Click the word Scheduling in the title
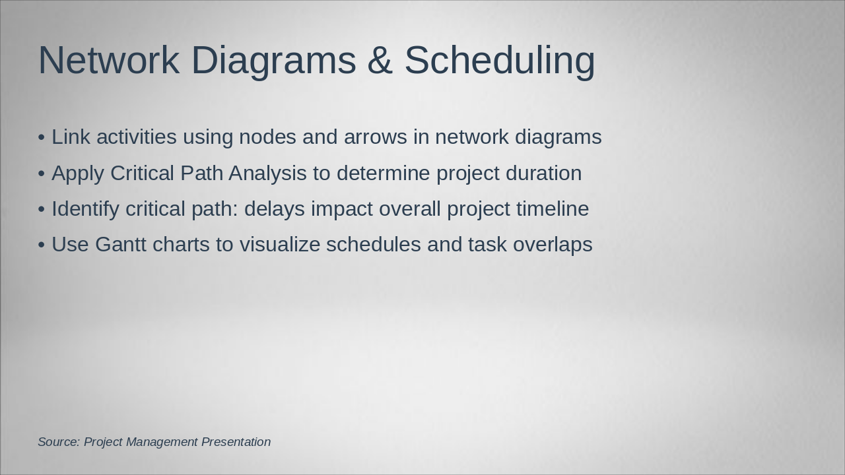click(499, 61)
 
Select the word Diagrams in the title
click(273, 61)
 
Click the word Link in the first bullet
click(69, 137)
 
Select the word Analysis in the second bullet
click(267, 174)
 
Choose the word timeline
click(553, 209)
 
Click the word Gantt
click(121, 245)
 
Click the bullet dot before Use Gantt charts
click(42, 245)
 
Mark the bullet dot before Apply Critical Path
click(42, 174)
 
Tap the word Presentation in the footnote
click(236, 442)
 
